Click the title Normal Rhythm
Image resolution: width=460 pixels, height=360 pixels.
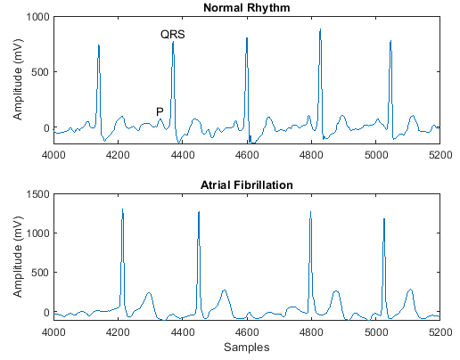click(x=245, y=8)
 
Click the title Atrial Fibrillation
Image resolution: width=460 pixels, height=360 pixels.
click(x=245, y=184)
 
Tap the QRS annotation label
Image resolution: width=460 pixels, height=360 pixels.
click(x=173, y=34)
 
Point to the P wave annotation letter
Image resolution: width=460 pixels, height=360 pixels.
click(x=160, y=111)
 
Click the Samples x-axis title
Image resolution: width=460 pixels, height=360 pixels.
click(x=245, y=347)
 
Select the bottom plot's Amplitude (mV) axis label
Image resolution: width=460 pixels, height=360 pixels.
click(x=18, y=257)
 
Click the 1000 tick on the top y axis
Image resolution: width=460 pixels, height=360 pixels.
click(x=38, y=17)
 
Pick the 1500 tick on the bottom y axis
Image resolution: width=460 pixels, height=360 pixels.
click(x=38, y=193)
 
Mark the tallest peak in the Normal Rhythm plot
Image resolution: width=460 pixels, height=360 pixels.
click(x=319, y=30)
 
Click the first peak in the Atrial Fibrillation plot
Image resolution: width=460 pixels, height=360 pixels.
click(x=122, y=209)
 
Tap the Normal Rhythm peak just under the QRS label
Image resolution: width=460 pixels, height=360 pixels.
click(x=173, y=43)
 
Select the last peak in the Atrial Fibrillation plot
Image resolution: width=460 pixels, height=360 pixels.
click(x=384, y=219)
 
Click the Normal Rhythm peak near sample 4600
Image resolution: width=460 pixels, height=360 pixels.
click(x=246, y=39)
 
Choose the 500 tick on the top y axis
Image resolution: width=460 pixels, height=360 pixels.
click(x=41, y=72)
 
